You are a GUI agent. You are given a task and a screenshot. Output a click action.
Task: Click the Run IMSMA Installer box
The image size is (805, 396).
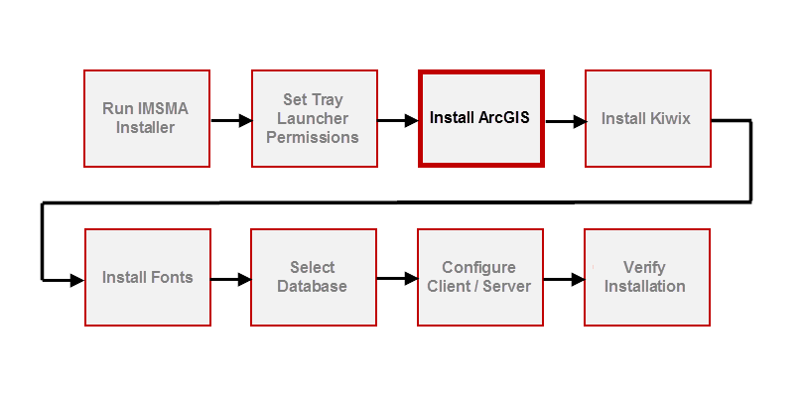[146, 118]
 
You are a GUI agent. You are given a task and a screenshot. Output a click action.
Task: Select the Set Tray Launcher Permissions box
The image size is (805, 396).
[313, 118]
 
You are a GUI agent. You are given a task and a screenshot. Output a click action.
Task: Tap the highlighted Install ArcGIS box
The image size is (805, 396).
[480, 118]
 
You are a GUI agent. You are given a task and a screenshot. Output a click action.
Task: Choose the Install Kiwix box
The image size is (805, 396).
[646, 118]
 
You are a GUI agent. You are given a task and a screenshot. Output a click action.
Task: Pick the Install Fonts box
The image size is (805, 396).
[147, 277]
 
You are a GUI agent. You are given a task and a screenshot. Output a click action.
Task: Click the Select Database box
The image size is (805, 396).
[313, 277]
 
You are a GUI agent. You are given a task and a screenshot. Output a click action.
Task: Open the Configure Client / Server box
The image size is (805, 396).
[479, 277]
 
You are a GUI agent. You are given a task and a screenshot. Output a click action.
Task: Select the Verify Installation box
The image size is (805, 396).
[646, 277]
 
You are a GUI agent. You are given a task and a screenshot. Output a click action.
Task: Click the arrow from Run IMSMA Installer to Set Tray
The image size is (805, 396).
[230, 121]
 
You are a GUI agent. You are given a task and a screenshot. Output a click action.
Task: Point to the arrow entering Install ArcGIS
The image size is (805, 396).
[397, 121]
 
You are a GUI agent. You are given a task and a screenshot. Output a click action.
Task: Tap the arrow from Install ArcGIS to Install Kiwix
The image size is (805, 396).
[564, 121]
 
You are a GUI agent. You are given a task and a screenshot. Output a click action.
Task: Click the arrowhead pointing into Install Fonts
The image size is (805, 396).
[77, 281]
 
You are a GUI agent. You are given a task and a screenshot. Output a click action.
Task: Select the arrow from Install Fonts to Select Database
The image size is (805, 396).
[230, 281]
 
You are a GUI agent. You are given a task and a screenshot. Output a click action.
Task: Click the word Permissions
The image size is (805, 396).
[313, 137]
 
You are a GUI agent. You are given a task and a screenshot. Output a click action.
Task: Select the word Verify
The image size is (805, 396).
[645, 268]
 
